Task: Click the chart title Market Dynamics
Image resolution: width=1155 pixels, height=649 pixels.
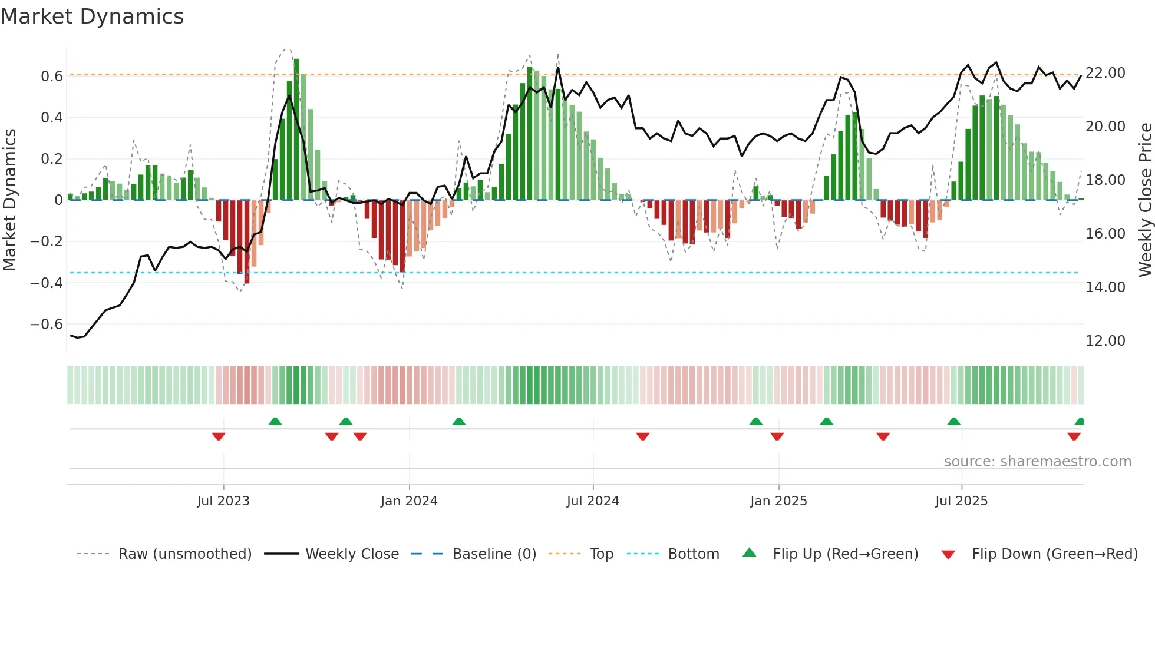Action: [x=93, y=16]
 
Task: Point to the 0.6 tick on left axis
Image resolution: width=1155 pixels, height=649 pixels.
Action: [x=52, y=77]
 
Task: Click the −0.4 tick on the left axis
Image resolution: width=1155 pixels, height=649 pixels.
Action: [x=47, y=283]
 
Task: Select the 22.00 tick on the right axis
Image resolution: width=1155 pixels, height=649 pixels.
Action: [x=1105, y=73]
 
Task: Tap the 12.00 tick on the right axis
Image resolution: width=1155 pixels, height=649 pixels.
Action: [x=1105, y=341]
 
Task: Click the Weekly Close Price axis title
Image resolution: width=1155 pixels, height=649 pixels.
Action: [x=1145, y=200]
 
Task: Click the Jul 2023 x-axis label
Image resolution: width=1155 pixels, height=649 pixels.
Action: [x=223, y=501]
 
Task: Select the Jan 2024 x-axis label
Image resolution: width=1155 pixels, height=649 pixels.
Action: [x=409, y=501]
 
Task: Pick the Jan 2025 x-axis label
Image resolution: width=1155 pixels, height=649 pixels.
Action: [x=778, y=501]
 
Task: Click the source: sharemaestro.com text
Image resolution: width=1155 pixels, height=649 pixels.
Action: [x=1037, y=462]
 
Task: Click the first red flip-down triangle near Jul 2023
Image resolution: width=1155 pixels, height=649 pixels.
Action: [x=219, y=436]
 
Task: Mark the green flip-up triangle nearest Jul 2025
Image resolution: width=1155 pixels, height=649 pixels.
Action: [x=953, y=421]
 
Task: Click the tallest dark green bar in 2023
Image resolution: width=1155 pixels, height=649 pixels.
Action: [x=296, y=130]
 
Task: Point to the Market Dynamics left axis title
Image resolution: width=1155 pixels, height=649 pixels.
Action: [x=10, y=200]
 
